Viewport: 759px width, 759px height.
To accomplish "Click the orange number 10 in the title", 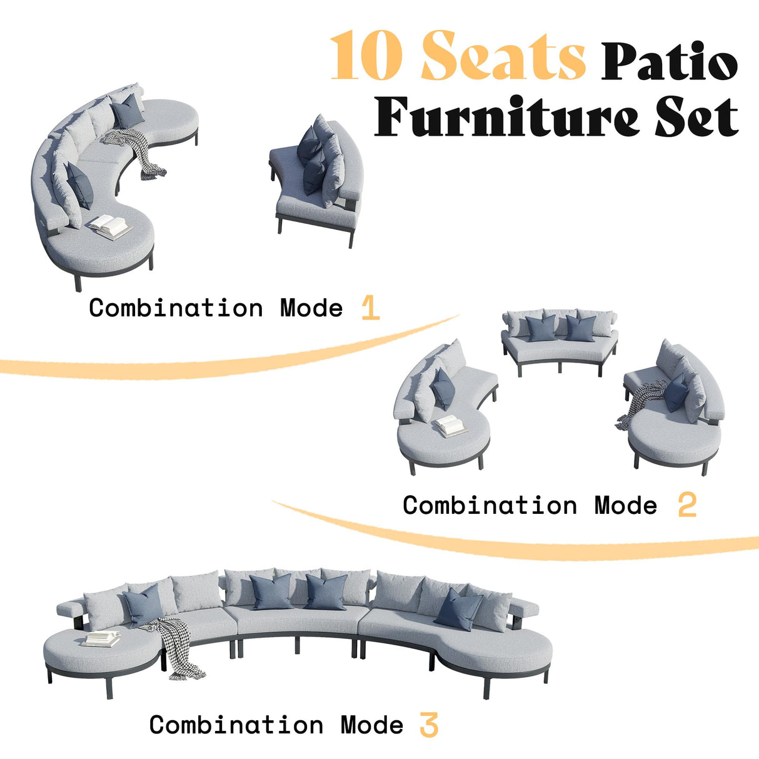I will point(364,57).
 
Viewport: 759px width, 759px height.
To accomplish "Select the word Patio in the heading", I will point(669,62).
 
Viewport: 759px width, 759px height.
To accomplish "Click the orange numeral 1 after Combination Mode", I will point(370,308).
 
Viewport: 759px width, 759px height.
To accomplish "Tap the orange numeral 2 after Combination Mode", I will point(686,505).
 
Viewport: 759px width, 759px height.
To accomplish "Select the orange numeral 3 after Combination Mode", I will point(429,725).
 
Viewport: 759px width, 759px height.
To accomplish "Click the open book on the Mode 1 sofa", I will point(109,226).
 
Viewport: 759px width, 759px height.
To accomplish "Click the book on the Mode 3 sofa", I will point(102,638).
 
